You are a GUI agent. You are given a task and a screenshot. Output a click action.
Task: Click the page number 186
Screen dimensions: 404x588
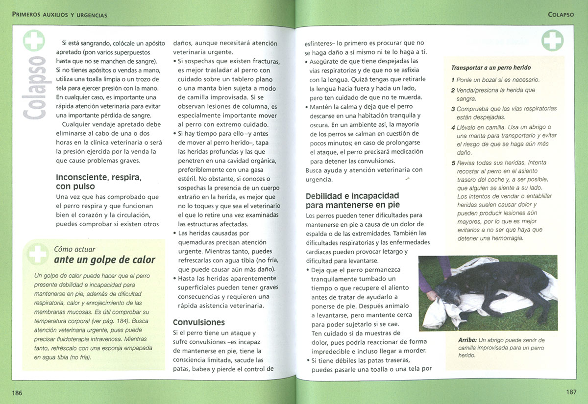[18, 393]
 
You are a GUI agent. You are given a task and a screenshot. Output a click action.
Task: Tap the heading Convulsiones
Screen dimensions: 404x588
[199, 322]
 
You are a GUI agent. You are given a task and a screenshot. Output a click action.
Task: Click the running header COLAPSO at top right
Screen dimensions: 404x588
[561, 15]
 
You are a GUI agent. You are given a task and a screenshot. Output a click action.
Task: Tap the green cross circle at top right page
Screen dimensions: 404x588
[552, 40]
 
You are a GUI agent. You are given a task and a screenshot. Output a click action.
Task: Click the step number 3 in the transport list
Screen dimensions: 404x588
[453, 109]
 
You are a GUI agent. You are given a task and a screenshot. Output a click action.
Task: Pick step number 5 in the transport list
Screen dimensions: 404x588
[453, 163]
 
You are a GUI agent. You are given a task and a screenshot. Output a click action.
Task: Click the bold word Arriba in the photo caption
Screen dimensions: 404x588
[467, 340]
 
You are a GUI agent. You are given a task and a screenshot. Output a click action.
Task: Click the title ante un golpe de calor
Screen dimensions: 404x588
[104, 260]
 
